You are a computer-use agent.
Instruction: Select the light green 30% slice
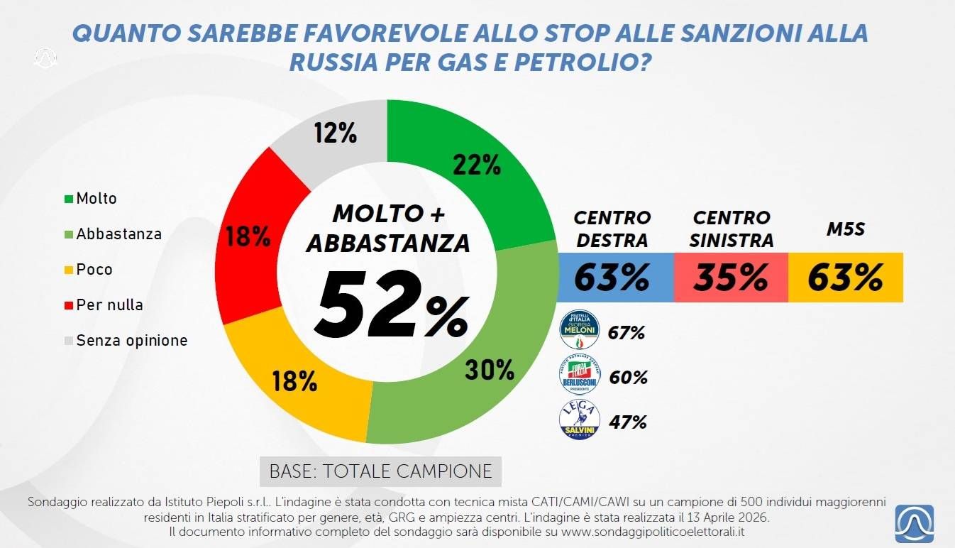pyautogui.click(x=490, y=369)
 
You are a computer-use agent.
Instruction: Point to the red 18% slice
pyautogui.click(x=248, y=237)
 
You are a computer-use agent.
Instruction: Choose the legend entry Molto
pyautogui.click(x=96, y=199)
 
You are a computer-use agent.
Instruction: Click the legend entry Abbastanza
pyautogui.click(x=118, y=234)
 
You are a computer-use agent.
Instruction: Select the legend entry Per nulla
pyautogui.click(x=109, y=305)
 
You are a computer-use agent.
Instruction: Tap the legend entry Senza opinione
pyautogui.click(x=131, y=341)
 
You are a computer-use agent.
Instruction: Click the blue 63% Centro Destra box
pyautogui.click(x=612, y=278)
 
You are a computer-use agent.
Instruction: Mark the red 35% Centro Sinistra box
pyautogui.click(x=731, y=278)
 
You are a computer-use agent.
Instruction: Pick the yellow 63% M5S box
pyautogui.click(x=845, y=278)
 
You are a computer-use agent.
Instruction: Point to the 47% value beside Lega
pyautogui.click(x=627, y=422)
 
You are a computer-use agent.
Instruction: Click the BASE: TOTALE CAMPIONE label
pyautogui.click(x=380, y=471)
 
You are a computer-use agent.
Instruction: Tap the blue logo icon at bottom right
pyautogui.click(x=914, y=524)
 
